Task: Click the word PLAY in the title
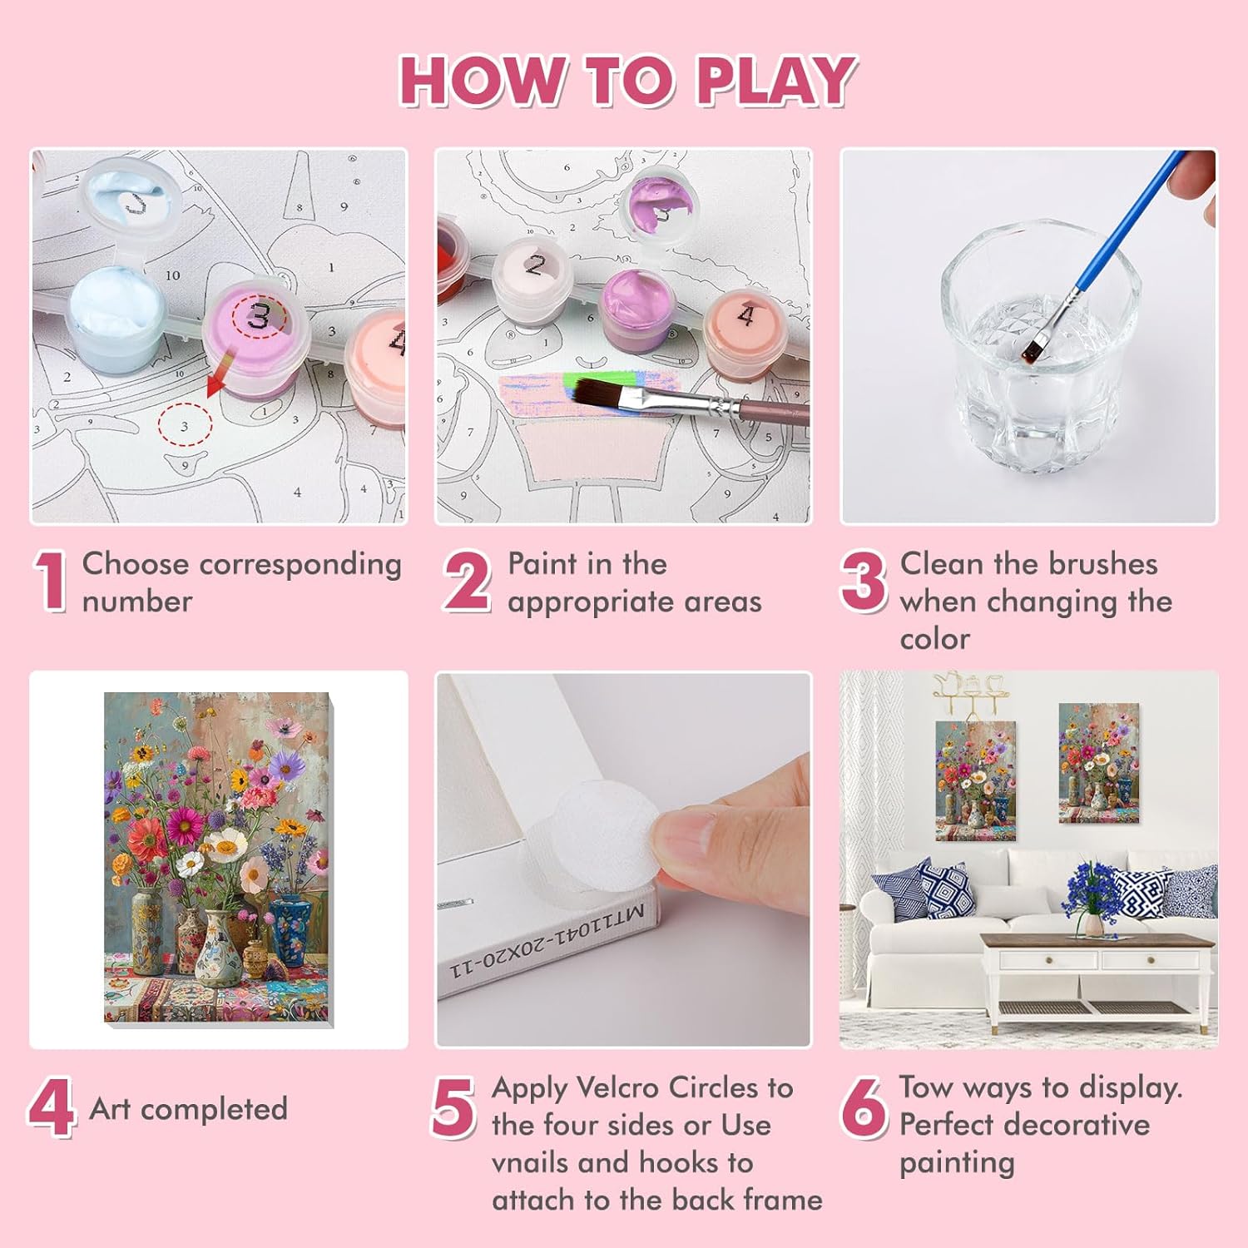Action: click(x=775, y=81)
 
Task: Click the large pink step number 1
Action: click(x=52, y=582)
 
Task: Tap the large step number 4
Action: click(x=52, y=1108)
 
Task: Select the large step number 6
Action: click(x=864, y=1107)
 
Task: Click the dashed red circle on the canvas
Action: click(x=185, y=424)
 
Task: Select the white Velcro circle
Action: click(x=589, y=836)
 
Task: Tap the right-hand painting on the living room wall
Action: click(x=1099, y=763)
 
